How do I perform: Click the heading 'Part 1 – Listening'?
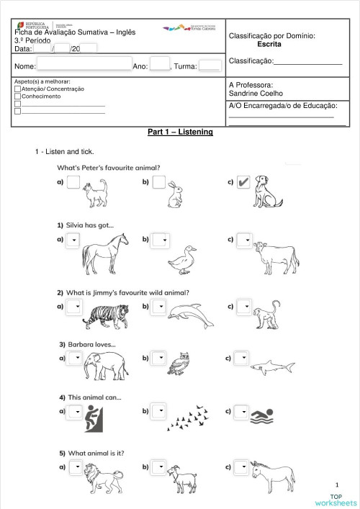180,132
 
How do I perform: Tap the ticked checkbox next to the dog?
243,182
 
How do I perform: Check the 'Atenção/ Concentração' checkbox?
17,89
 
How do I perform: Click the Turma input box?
210,66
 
